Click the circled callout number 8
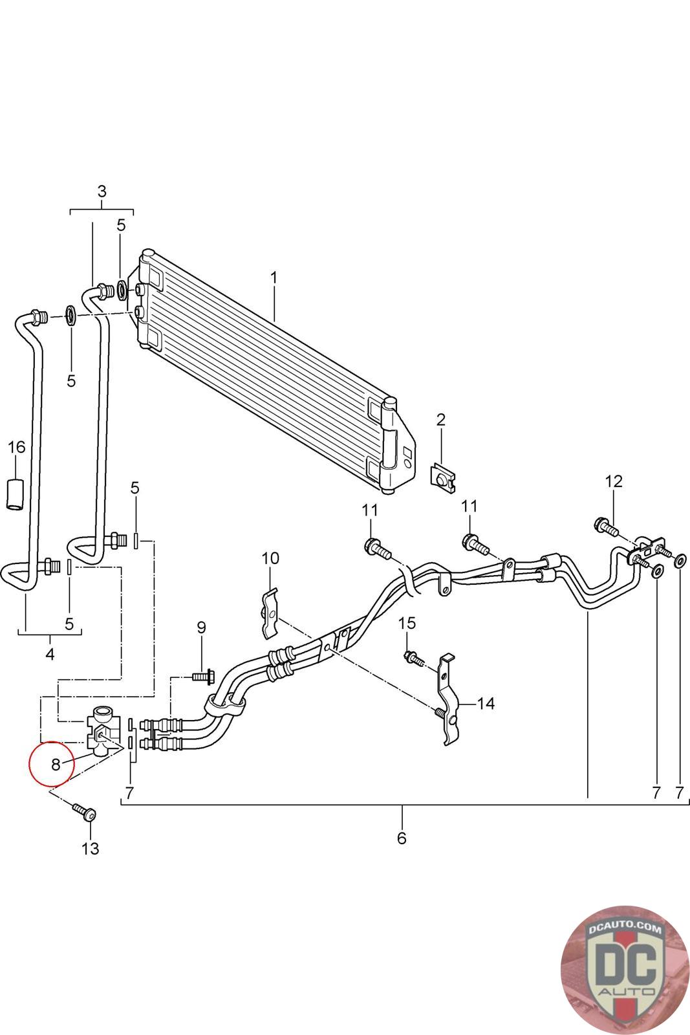click(x=56, y=765)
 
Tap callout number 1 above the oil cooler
click(x=274, y=278)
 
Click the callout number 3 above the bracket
click(x=102, y=191)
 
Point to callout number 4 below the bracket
click(x=50, y=654)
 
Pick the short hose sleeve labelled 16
click(x=16, y=495)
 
